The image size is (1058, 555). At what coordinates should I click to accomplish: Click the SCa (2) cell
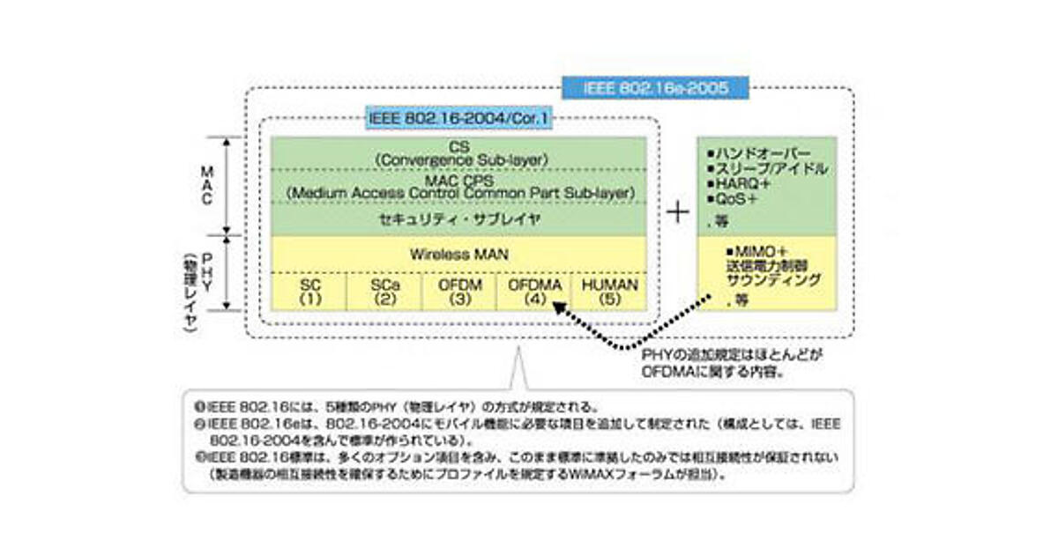(384, 292)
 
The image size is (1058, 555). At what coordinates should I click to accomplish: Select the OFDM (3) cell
(458, 292)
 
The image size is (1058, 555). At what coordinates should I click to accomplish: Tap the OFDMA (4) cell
(533, 292)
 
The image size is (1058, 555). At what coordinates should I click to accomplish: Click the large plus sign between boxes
(676, 214)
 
